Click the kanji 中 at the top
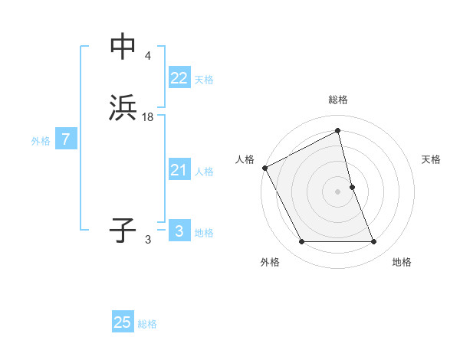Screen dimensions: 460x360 click(x=123, y=47)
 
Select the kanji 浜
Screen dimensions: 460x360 click(x=123, y=108)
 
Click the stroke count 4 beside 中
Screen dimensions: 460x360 click(x=147, y=56)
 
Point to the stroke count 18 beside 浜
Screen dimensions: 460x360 click(x=148, y=116)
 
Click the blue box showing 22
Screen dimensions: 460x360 click(x=179, y=78)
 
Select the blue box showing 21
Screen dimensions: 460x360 click(x=179, y=170)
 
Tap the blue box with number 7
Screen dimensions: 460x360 click(x=66, y=140)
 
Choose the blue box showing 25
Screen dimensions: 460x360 click(x=123, y=322)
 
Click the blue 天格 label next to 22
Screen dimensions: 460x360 click(x=204, y=80)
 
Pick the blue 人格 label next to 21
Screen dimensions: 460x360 click(x=204, y=172)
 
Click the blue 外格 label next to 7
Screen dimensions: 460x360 click(x=41, y=141)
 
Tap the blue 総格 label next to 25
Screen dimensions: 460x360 click(x=147, y=324)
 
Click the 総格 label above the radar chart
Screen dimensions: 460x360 click(x=338, y=100)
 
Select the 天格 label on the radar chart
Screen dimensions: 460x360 click(x=432, y=159)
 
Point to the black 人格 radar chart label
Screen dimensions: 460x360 click(x=245, y=159)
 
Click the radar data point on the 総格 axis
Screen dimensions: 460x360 click(x=338, y=131)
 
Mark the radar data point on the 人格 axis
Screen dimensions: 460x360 click(x=265, y=168)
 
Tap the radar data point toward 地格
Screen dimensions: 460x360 click(x=374, y=242)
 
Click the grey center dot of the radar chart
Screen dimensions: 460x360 click(x=338, y=191)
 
